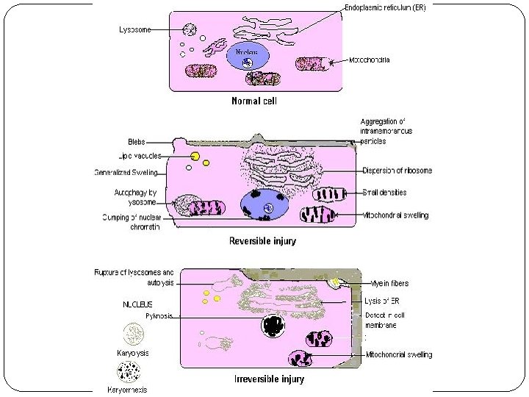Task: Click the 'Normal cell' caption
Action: point(254,101)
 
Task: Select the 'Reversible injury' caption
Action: point(262,240)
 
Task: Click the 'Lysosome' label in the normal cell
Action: point(136,30)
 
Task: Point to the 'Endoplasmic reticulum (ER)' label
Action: point(384,7)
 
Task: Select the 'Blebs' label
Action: point(135,141)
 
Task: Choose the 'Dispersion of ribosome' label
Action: point(397,171)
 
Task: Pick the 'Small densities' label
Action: point(395,193)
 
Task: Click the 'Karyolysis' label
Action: point(133,353)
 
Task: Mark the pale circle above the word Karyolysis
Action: point(133,335)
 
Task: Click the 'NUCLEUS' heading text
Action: point(137,303)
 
